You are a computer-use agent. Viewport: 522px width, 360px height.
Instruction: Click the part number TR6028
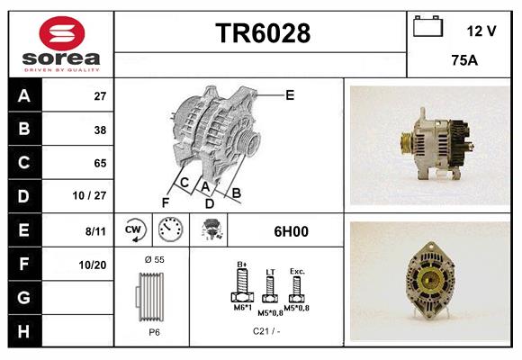[x=262, y=34]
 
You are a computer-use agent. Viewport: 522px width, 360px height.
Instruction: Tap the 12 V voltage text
[x=481, y=31]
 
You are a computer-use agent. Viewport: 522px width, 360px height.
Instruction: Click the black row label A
[x=22, y=95]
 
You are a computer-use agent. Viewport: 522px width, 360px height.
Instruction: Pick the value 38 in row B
[x=100, y=130]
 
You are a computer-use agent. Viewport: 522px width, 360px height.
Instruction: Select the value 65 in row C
[x=100, y=163]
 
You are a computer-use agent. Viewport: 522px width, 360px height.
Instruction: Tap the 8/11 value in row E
[x=96, y=231]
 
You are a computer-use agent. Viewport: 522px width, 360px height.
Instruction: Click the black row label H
[x=22, y=332]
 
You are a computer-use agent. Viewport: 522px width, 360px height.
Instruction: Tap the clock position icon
[x=170, y=231]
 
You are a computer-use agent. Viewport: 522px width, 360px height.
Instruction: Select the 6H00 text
[x=291, y=231]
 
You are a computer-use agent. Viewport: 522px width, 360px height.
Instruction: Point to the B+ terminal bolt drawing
[x=241, y=286]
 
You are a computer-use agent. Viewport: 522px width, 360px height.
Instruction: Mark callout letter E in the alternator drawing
[x=290, y=94]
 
